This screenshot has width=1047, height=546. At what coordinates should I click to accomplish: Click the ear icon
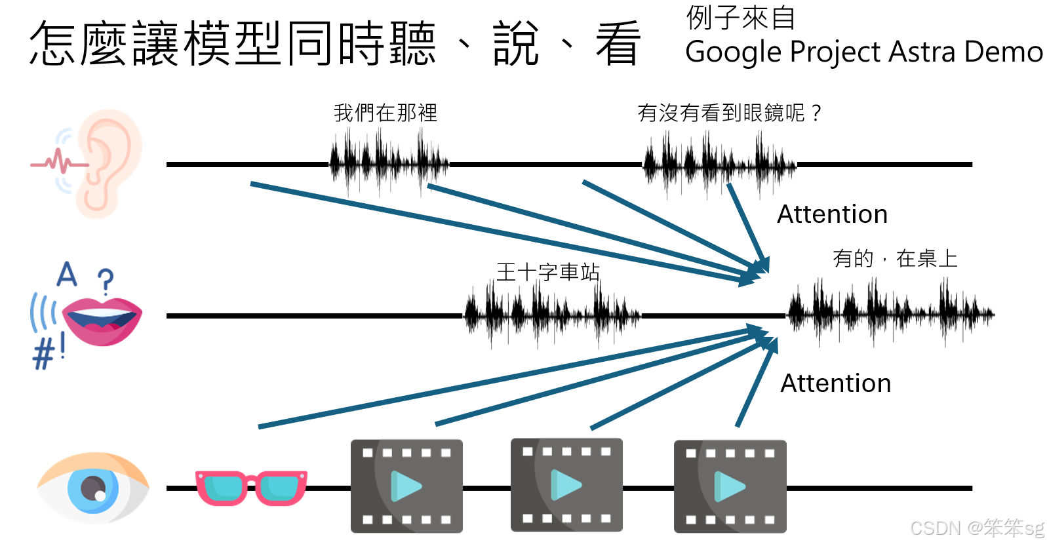[x=105, y=164]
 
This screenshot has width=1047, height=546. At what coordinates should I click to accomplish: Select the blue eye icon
[x=93, y=488]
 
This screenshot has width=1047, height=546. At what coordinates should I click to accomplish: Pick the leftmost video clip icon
[x=406, y=486]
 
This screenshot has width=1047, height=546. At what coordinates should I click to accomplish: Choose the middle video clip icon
[x=566, y=485]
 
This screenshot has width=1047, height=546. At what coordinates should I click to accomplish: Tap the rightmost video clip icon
[x=730, y=486]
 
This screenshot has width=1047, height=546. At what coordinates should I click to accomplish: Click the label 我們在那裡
[x=385, y=113]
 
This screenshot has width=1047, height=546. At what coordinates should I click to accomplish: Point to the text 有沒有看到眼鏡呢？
[x=729, y=113]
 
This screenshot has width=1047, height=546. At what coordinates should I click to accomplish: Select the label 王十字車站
[x=548, y=272]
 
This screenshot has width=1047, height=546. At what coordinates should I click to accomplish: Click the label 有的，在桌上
[x=895, y=259]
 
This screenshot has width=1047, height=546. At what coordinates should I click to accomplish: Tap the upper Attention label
[x=832, y=214]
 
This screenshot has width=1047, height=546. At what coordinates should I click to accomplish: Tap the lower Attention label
[x=835, y=383]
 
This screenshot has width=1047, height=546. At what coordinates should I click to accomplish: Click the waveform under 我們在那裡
[x=389, y=163]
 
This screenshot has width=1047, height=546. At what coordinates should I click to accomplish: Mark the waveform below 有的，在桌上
[x=890, y=313]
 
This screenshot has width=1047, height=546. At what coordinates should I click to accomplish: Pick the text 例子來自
[x=740, y=18]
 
